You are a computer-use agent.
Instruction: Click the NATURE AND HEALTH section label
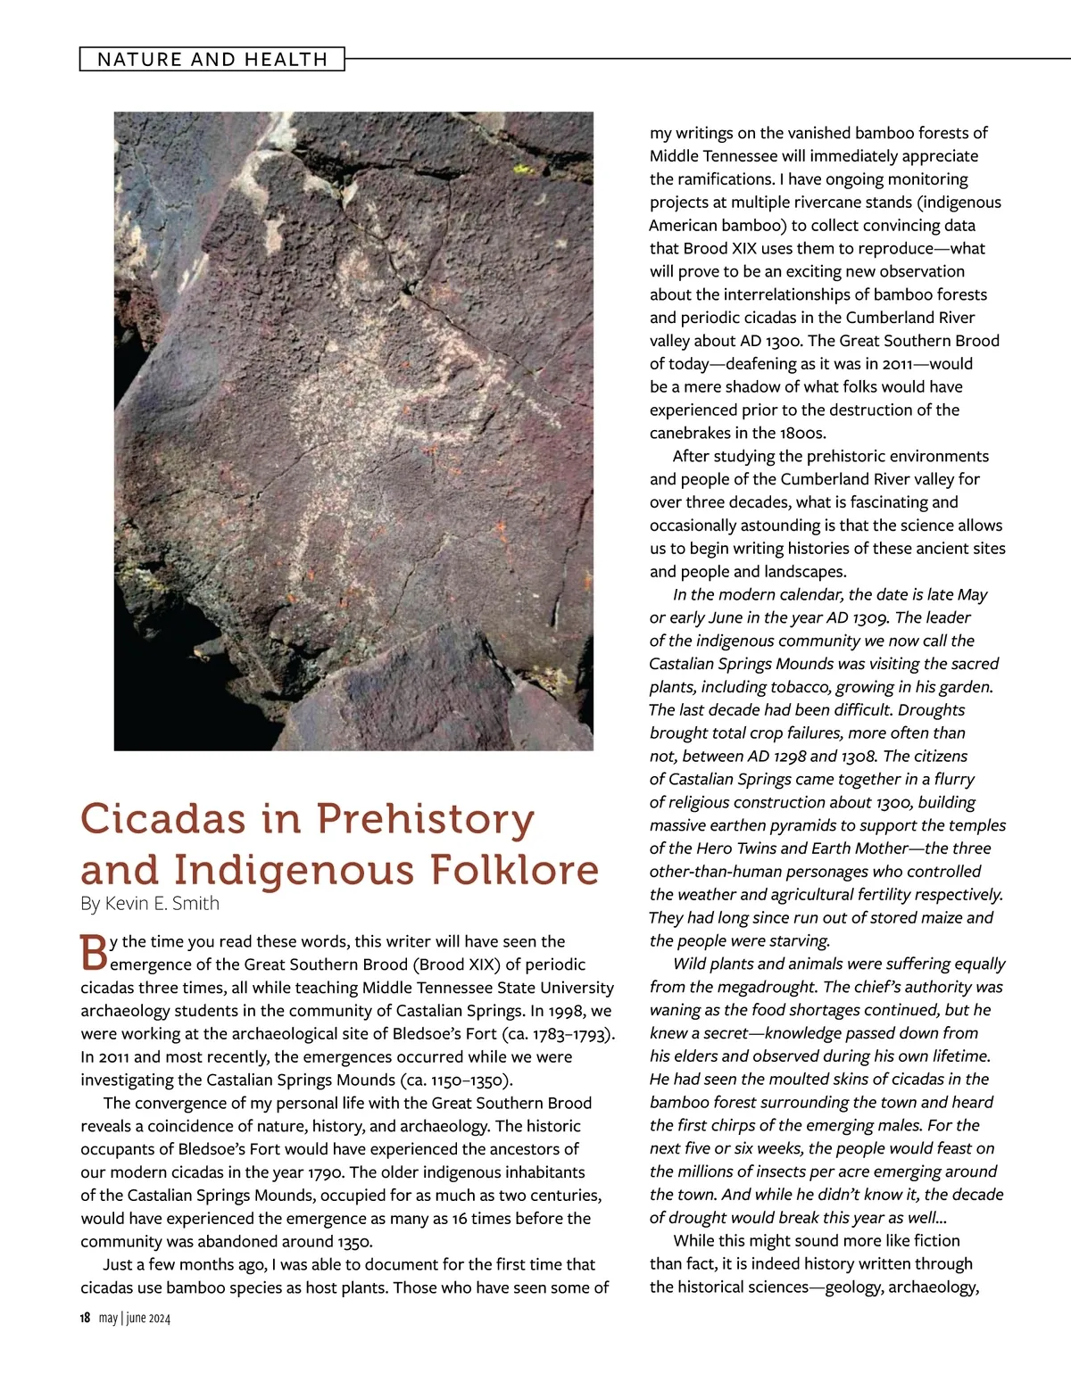(x=212, y=60)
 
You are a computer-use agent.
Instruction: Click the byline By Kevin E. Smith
(x=150, y=903)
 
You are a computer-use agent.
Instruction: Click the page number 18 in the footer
(x=85, y=1318)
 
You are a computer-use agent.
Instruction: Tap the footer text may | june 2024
(x=135, y=1318)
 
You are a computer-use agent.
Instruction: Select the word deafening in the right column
(x=764, y=364)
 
